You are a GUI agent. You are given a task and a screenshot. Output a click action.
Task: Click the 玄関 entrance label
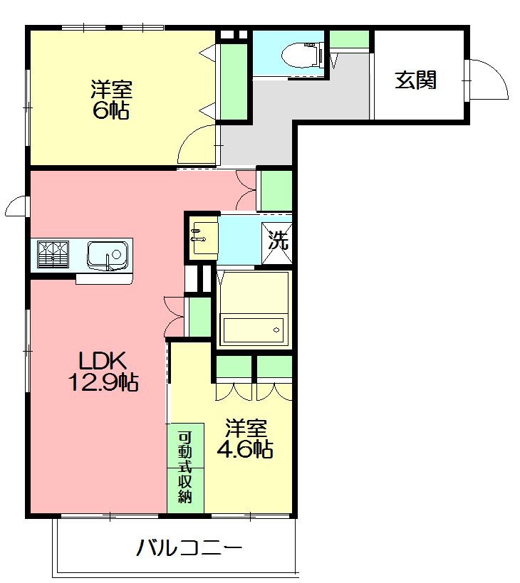tap(415, 80)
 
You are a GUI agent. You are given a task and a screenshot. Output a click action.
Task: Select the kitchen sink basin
tap(108, 255)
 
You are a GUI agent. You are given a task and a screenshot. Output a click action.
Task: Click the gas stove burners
tap(53, 254)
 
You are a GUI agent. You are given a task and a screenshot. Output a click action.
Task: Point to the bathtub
tap(254, 328)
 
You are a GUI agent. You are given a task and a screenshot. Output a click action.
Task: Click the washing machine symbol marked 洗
tap(276, 243)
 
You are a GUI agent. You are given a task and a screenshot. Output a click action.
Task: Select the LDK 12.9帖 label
tap(103, 371)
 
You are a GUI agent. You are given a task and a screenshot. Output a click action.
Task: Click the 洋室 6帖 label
tap(111, 99)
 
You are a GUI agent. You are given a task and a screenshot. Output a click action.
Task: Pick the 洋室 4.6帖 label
tap(246, 438)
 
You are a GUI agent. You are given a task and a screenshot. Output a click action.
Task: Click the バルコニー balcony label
tap(189, 548)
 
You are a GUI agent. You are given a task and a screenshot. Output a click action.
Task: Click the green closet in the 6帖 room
tap(234, 82)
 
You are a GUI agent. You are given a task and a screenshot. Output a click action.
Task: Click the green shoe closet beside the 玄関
tap(349, 39)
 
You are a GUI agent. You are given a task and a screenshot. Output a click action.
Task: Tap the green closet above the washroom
tap(276, 191)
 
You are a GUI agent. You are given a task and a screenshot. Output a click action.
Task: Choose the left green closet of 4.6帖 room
tap(233, 367)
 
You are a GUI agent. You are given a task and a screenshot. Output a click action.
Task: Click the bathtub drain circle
tap(276, 330)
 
